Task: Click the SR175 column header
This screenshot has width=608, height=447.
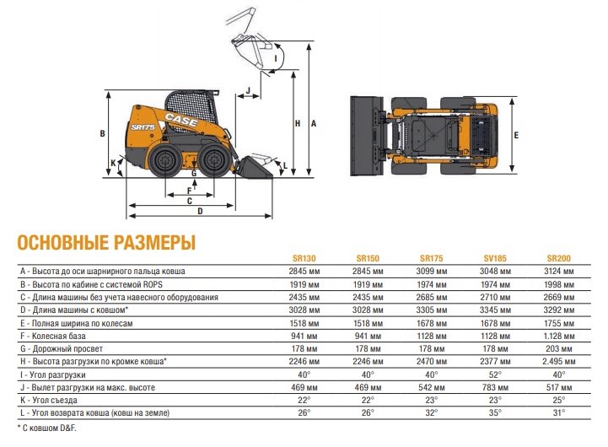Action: click(431, 258)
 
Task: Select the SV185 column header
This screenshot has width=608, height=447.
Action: click(495, 258)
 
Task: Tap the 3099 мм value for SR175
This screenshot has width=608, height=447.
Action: click(431, 271)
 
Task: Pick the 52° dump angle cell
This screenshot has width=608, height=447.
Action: click(495, 374)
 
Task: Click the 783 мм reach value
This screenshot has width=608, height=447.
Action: click(495, 387)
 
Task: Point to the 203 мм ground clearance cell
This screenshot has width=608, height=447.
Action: click(559, 348)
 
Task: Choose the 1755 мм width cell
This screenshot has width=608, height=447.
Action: click(559, 323)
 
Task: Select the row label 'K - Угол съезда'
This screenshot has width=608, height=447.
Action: click(49, 400)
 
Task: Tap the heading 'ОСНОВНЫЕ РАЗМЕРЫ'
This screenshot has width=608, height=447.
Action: click(106, 242)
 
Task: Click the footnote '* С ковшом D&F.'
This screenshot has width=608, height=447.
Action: click(47, 428)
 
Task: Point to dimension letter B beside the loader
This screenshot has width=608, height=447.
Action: click(102, 133)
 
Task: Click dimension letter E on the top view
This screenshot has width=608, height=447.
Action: click(516, 135)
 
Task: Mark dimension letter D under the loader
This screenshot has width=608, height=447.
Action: click(200, 212)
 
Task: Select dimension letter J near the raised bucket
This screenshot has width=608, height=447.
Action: click(249, 90)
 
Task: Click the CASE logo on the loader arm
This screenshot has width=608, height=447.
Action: click(181, 120)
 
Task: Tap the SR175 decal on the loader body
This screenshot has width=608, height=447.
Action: click(143, 127)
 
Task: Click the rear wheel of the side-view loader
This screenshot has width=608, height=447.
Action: click(165, 160)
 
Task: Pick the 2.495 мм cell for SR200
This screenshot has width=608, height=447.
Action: click(559, 361)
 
